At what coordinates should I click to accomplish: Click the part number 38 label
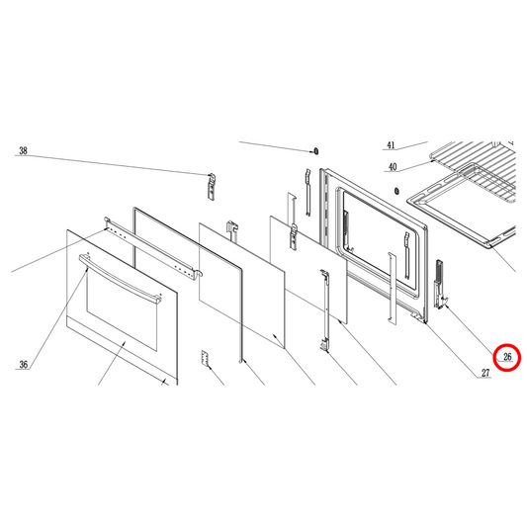23,152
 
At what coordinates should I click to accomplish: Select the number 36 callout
23,365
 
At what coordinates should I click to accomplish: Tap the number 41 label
391,145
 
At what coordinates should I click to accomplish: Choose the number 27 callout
485,373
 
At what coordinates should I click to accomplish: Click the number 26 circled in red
508,357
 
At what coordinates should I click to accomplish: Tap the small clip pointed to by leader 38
211,185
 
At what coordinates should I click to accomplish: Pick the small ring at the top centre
314,151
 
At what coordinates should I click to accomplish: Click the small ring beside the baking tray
395,189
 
